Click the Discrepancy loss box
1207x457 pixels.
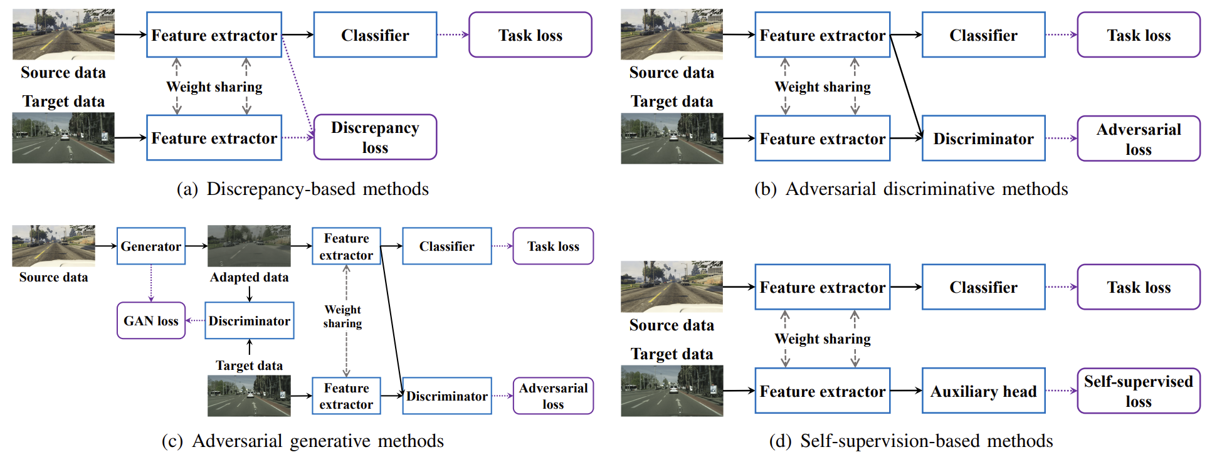pyautogui.click(x=375, y=137)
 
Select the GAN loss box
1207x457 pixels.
pyautogui.click(x=151, y=321)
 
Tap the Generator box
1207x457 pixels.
pyautogui.click(x=151, y=246)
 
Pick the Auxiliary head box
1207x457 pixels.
pyautogui.click(x=983, y=391)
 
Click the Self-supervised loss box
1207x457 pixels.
pyautogui.click(x=1138, y=391)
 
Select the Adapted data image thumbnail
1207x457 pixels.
pyautogui.click(x=249, y=246)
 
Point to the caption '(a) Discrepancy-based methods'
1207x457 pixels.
pyautogui.click(x=303, y=189)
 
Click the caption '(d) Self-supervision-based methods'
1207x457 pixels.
pyautogui.click(x=911, y=441)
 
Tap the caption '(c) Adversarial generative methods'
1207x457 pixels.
pyautogui.click(x=303, y=441)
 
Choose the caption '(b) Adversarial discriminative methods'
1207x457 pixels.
pyautogui.click(x=911, y=189)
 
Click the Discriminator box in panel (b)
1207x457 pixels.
pyautogui.click(x=983, y=139)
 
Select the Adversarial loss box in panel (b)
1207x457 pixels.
pyautogui.click(x=1138, y=139)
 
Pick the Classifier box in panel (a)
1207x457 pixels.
pyautogui.click(x=375, y=35)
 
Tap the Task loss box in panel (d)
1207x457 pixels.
pyautogui.click(x=1138, y=287)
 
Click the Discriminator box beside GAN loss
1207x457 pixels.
pyautogui.click(x=250, y=321)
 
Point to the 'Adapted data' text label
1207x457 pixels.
pyautogui.click(x=249, y=277)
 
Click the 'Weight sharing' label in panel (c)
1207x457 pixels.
pyautogui.click(x=342, y=317)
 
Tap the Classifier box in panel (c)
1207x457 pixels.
pyautogui.click(x=446, y=246)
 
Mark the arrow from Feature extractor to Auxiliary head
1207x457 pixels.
pyautogui.click(x=905, y=391)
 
